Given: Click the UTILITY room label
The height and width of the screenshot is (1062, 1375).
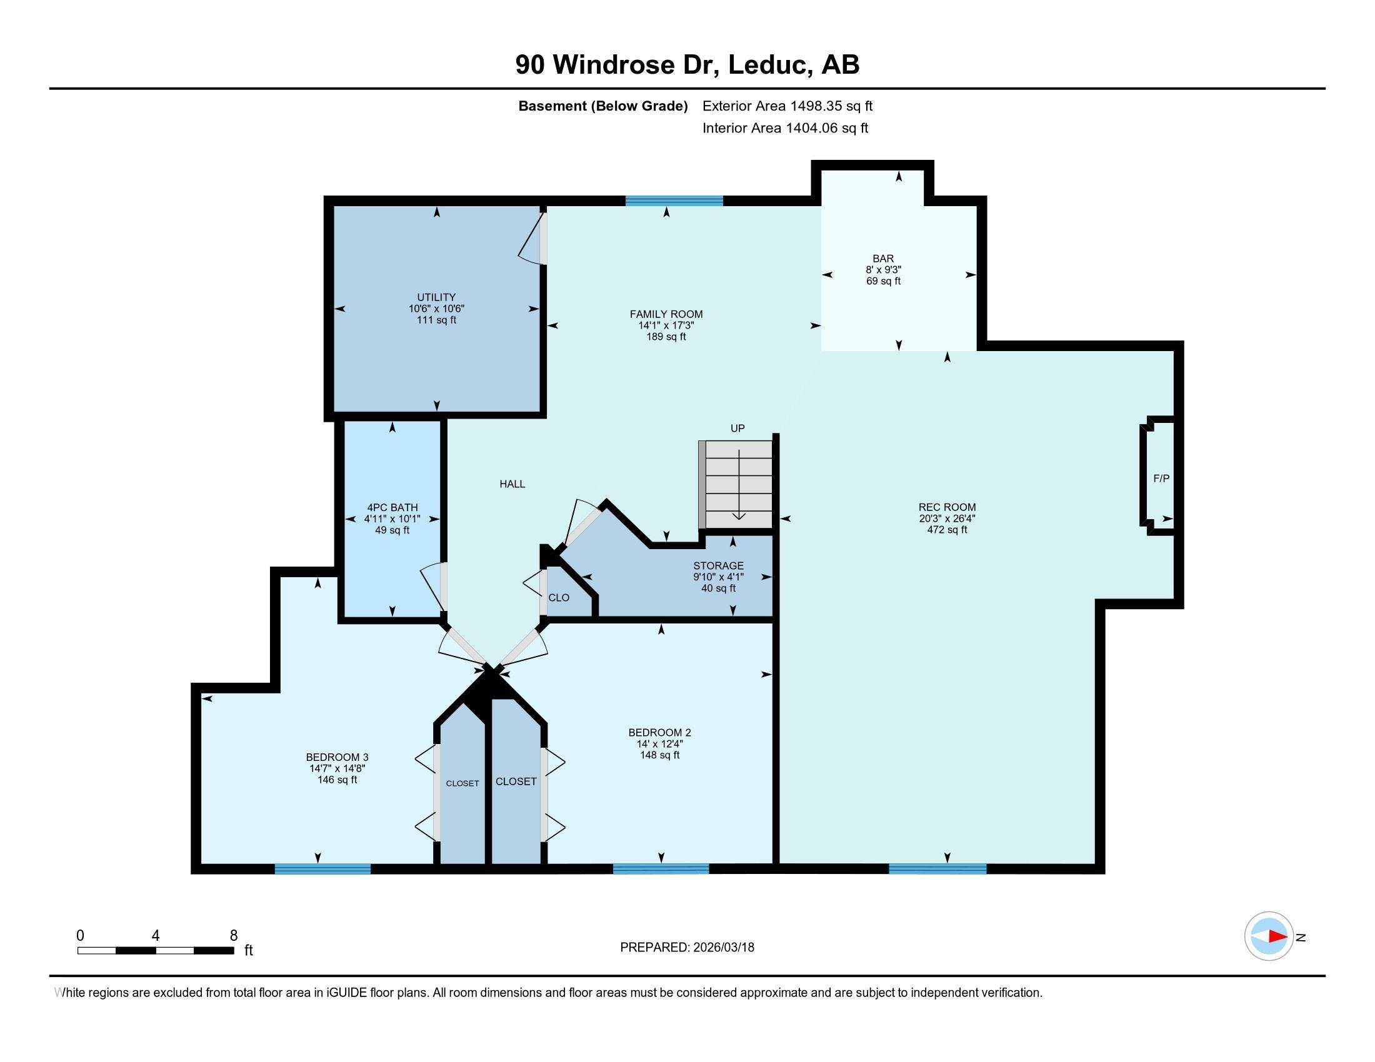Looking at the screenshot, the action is (436, 297).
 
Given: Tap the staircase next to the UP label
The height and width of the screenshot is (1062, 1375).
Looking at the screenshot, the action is (736, 484).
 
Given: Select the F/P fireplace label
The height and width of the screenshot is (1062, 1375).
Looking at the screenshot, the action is (1161, 479).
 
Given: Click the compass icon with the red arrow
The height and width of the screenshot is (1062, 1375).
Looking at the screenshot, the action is (1269, 936).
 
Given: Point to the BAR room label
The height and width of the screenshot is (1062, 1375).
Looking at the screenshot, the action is (883, 259).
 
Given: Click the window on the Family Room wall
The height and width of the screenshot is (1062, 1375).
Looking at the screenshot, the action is (674, 201).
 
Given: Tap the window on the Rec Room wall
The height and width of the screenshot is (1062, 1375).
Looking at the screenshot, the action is (937, 869).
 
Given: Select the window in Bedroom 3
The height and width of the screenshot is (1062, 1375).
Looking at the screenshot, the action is (323, 869).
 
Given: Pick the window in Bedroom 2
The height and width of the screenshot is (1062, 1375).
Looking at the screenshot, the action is (661, 869).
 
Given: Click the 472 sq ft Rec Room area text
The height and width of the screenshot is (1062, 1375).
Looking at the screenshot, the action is (947, 530).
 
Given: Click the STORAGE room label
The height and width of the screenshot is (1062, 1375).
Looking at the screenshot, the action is (718, 565).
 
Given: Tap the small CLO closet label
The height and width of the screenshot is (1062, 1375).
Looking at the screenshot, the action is (558, 598).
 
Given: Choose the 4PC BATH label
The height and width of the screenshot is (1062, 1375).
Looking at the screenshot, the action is (392, 508).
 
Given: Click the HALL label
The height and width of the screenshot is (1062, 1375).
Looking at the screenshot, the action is (512, 484).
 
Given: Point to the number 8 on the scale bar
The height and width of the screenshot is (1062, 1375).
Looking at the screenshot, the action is (234, 936).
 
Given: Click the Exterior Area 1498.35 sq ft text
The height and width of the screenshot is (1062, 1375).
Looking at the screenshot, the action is (787, 106).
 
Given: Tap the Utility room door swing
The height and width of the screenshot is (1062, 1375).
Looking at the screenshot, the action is (532, 239).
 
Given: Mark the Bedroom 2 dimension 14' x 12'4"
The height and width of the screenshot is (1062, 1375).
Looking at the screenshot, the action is (659, 743).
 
